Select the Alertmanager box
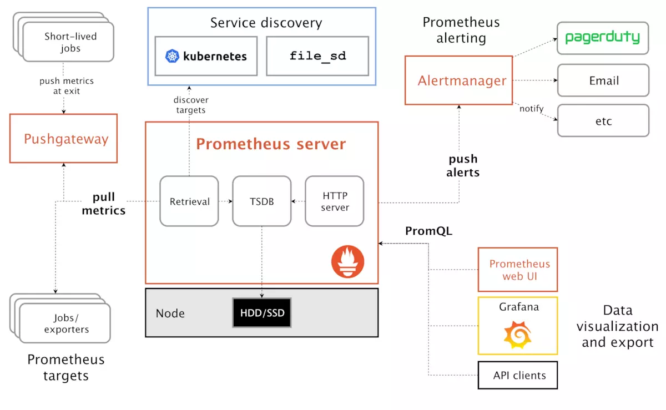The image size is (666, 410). point(458,80)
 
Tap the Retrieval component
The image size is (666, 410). point(189,201)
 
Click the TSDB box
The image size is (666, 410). point(261,201)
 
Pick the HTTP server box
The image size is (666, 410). point(335,201)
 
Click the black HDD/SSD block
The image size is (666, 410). point(262,313)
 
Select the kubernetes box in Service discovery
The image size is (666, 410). point(206,56)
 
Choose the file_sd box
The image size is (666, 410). point(317,56)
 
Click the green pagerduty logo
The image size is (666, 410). point(603,38)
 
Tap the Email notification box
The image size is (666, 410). point(603,80)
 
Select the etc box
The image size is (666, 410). point(603,120)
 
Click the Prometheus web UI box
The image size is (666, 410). point(518,270)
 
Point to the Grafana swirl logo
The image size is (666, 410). point(517,334)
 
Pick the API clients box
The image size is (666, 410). point(518,375)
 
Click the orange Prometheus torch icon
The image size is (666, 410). point(348,262)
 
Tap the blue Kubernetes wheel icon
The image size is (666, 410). point(173,56)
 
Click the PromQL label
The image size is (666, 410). point(428,231)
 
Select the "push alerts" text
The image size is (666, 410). point(463,165)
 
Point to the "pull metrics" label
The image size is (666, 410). point(104,204)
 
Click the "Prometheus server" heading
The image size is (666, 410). point(271,144)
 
